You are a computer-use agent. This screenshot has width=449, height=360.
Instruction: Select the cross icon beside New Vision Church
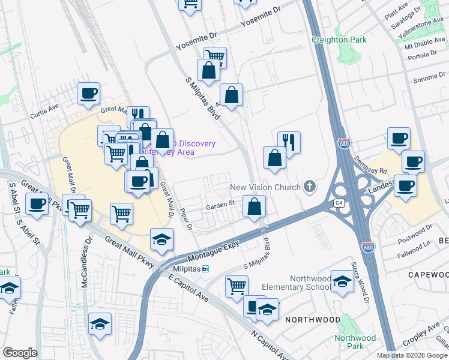click(310, 187)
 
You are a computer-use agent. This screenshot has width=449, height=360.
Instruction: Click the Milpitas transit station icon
click(205, 268)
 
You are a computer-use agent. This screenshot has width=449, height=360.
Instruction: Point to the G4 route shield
click(340, 203)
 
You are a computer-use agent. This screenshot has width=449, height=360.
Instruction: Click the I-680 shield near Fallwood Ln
click(367, 247)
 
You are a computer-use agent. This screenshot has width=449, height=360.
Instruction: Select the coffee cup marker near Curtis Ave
click(88, 94)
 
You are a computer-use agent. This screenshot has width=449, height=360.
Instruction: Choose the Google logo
click(20, 353)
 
